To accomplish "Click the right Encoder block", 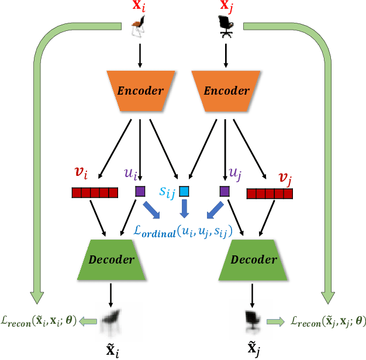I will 226,92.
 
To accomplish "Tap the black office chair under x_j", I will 225,26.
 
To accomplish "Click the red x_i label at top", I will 139,7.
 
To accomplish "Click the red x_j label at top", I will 225,7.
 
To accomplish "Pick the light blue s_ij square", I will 184,191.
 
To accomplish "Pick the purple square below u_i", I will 140,191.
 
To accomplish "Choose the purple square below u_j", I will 224,191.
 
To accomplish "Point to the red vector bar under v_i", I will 91,192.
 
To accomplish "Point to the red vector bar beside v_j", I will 270,193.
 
